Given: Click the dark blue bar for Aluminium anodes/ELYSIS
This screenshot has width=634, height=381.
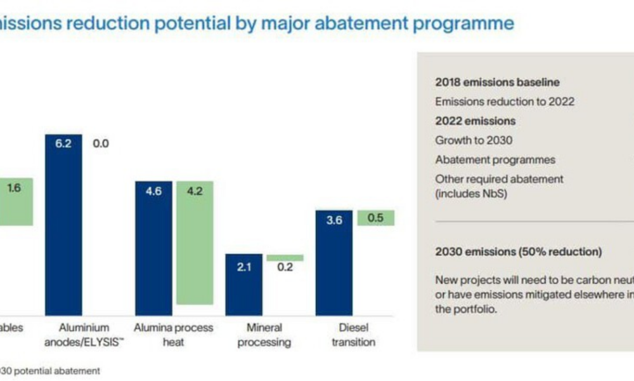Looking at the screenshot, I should tap(63, 225).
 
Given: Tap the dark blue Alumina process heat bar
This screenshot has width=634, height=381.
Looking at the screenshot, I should tap(153, 248).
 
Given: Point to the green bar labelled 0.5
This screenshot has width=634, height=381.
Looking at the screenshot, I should tap(375, 218).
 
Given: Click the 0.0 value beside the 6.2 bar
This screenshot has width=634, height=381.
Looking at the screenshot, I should tap(101, 144).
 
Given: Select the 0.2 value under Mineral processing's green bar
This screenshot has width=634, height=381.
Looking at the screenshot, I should tap(285, 267).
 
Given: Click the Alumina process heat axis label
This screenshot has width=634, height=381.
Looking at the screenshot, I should tap(174, 335).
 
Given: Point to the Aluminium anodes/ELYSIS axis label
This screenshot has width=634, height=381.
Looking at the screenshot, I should tap(84, 335).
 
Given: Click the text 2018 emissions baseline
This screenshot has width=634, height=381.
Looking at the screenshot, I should tap(497, 82).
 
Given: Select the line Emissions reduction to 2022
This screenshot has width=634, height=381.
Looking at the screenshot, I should tap(505, 102).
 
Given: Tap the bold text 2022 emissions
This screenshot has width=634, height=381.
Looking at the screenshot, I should tap(475, 121).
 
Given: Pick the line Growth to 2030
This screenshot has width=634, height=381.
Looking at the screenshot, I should tap(474, 140).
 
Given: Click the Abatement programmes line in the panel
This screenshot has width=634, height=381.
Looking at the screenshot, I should tap(495, 160).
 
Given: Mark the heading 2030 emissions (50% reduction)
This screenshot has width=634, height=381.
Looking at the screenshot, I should tap(518, 251).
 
